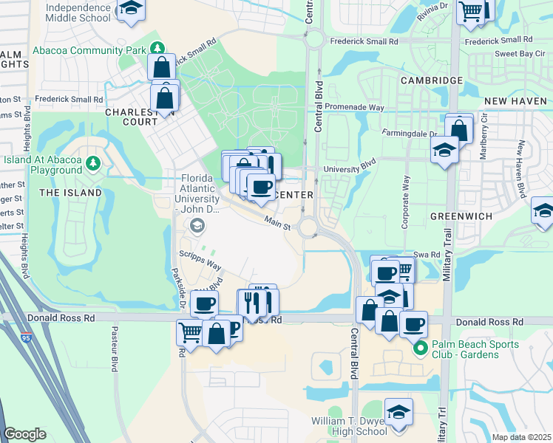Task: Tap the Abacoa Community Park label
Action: pyautogui.click(x=89, y=52)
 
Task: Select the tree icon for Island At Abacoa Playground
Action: pyautogui.click(x=92, y=162)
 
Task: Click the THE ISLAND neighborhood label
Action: pyautogui.click(x=70, y=193)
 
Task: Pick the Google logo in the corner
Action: pyautogui.click(x=25, y=433)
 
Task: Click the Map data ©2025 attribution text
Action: pyautogui.click(x=520, y=437)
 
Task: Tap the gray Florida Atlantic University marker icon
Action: pyautogui.click(x=197, y=226)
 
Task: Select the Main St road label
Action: pyautogui.click(x=278, y=219)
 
